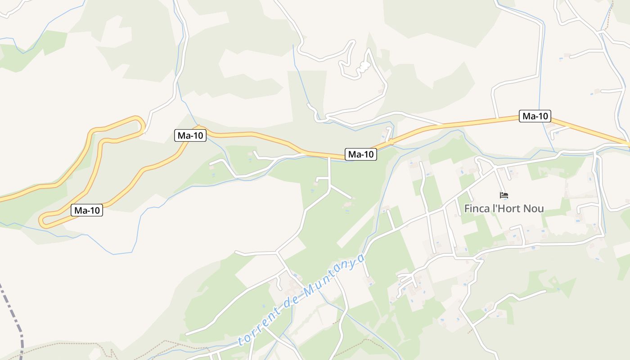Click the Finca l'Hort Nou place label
click(504, 209)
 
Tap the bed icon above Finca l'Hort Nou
click(504, 195)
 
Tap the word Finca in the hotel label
click(476, 209)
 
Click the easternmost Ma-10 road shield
click(535, 116)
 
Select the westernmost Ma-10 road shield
click(87, 210)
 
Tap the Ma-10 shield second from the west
click(190, 135)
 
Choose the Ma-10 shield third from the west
click(361, 154)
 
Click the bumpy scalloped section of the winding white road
click(363, 67)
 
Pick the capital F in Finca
click(468, 209)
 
